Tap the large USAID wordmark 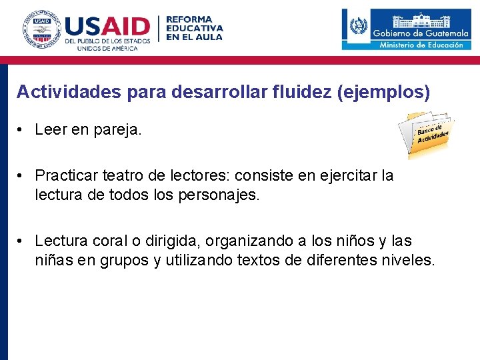[x=107, y=27]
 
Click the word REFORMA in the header [x=189, y=20]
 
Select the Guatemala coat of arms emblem [x=358, y=27]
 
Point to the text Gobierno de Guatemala [x=421, y=33]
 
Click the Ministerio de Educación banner [x=421, y=45]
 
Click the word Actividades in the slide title [x=68, y=92]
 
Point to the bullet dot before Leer [x=22, y=130]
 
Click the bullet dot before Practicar [x=22, y=176]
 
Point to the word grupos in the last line [x=125, y=260]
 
